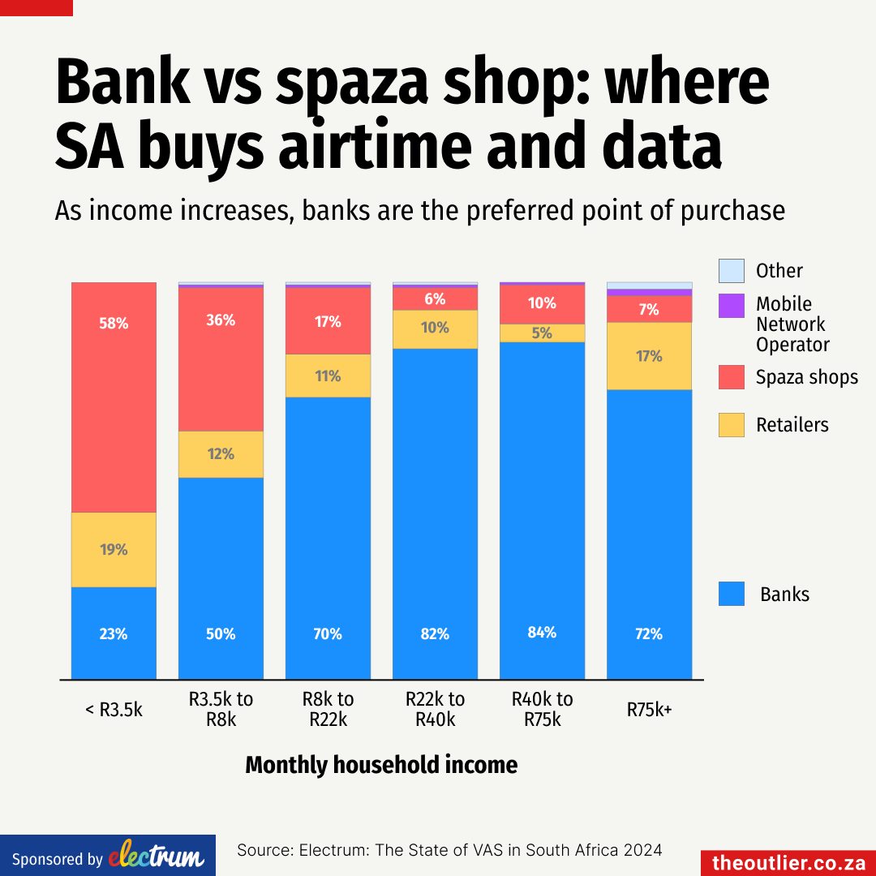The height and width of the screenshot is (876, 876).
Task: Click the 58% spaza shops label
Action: (114, 323)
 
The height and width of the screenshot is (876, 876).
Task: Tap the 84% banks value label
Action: (542, 632)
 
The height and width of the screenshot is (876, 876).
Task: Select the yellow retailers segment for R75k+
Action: (649, 356)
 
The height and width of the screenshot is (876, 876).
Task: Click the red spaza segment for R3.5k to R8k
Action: (221, 361)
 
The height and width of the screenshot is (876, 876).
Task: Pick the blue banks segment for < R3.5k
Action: (114, 633)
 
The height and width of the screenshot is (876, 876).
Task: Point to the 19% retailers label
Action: (114, 549)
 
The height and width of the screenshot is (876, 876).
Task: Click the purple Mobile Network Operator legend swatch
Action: (731, 306)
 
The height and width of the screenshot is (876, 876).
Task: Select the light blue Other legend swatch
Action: (731, 270)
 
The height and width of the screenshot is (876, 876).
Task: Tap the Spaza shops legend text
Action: (806, 377)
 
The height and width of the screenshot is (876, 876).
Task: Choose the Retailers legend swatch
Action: (731, 425)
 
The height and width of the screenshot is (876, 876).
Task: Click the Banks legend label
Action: (784, 595)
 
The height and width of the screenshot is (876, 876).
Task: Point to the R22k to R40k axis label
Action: (435, 709)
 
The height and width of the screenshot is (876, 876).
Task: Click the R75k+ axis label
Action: (649, 710)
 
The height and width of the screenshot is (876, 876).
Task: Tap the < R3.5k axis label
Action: (114, 710)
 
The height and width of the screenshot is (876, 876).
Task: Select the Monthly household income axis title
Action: (381, 765)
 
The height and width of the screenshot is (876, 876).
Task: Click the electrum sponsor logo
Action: (156, 857)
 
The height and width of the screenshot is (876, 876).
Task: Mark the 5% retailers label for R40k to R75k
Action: (542, 333)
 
